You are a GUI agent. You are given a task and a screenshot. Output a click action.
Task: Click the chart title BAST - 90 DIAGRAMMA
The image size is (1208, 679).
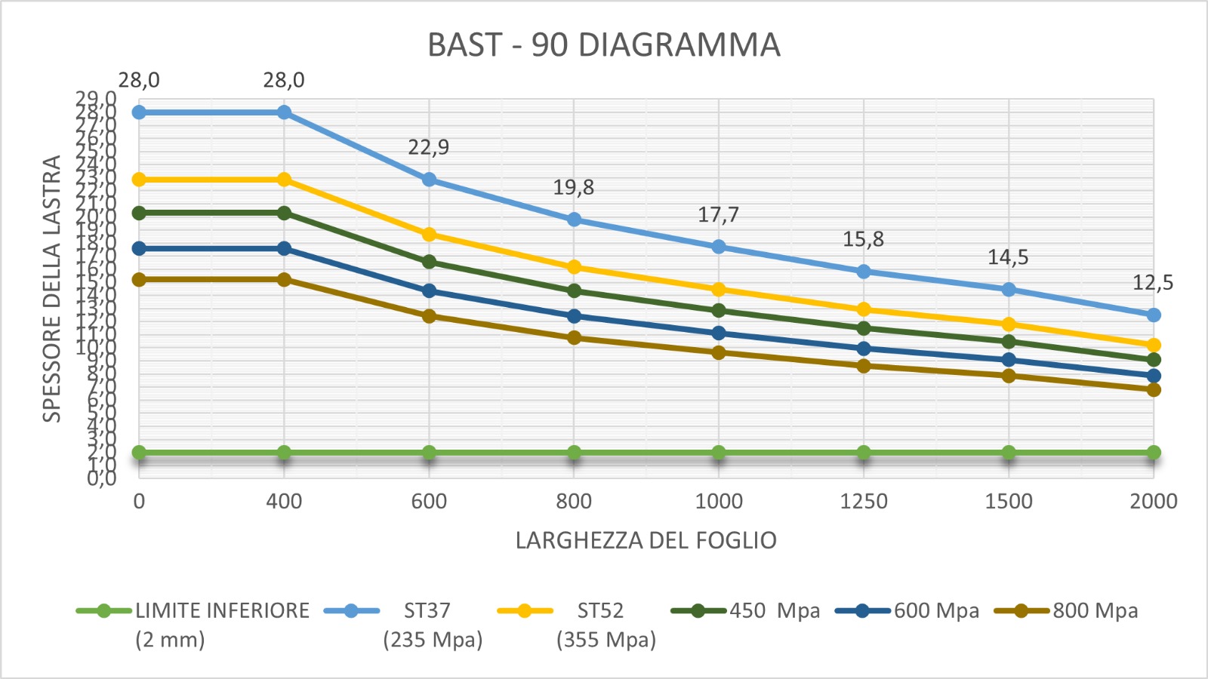click(603, 45)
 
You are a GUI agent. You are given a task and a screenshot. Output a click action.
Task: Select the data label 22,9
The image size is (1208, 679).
click(428, 147)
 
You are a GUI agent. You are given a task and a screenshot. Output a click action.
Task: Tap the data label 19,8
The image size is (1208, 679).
click(573, 187)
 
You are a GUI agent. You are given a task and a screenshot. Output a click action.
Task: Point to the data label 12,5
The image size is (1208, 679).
click(1152, 283)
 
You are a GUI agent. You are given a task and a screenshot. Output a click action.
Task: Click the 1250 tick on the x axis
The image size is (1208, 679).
click(864, 502)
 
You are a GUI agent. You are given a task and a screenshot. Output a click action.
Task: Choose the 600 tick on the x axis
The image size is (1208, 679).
click(429, 502)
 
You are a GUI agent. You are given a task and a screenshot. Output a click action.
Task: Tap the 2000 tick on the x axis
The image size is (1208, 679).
click(1153, 502)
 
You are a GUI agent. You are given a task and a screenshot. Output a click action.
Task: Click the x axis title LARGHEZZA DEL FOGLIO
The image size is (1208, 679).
click(646, 541)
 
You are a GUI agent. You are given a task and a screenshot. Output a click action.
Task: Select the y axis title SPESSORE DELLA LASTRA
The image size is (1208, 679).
click(51, 289)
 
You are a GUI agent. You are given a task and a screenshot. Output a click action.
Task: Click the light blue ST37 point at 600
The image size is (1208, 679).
click(429, 180)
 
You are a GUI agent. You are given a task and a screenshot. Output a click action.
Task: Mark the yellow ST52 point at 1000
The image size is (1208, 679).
click(719, 290)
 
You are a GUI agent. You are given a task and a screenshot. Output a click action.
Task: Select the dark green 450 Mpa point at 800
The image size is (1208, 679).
click(574, 291)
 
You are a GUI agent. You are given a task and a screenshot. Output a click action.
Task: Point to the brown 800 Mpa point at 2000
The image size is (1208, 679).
click(1154, 390)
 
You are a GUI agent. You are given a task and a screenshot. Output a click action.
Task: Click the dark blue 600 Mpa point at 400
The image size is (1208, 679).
click(284, 248)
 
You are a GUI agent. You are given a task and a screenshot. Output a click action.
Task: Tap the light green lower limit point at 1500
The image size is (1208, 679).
click(1009, 453)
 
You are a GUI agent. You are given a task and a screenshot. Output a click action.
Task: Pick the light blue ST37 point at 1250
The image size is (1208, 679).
click(864, 272)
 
